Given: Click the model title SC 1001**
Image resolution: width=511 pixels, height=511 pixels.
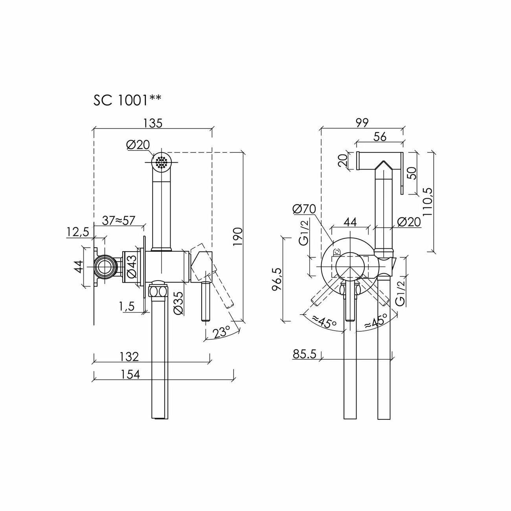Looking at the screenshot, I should pyautogui.click(x=127, y=100).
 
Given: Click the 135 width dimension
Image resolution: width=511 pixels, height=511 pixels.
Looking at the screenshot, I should pyautogui.click(x=153, y=123).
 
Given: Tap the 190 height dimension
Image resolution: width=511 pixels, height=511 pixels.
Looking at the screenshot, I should pyautogui.click(x=238, y=236).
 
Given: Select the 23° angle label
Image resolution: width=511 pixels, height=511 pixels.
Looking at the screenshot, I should pyautogui.click(x=222, y=333).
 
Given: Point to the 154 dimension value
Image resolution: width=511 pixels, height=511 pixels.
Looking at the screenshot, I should pyautogui.click(x=130, y=374).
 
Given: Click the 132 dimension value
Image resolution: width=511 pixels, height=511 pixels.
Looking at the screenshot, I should pyautogui.click(x=130, y=357).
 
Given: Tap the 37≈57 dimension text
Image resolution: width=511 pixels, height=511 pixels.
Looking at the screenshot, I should pyautogui.click(x=118, y=220).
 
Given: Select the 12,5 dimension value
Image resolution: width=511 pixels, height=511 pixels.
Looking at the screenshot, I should pyautogui.click(x=78, y=232).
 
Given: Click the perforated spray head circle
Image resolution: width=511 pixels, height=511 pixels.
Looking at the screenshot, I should pyautogui.click(x=162, y=161).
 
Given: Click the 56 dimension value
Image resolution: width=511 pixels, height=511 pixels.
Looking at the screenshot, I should pyautogui.click(x=380, y=136).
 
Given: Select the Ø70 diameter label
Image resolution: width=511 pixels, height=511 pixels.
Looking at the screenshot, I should pyautogui.click(x=304, y=209).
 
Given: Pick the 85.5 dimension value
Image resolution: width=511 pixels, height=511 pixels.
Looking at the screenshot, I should pyautogui.click(x=304, y=354).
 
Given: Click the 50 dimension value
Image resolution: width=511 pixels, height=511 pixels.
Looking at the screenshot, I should pyautogui.click(x=412, y=173).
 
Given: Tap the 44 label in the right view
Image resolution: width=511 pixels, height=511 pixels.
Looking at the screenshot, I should pyautogui.click(x=350, y=222).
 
